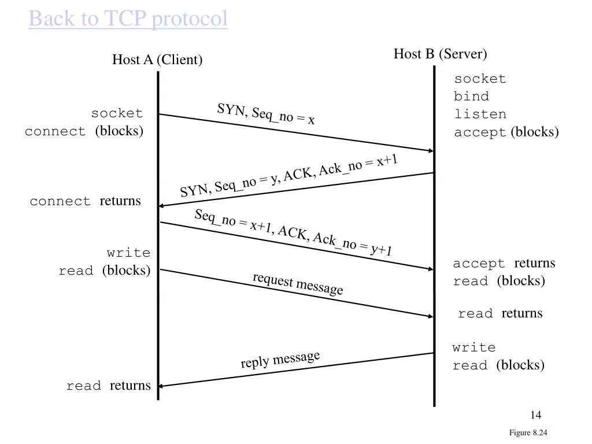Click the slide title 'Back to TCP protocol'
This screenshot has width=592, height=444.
click(128, 19)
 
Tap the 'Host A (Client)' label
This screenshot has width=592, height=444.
click(157, 60)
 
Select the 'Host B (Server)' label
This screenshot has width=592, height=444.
click(441, 54)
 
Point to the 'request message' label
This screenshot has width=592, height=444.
click(298, 283)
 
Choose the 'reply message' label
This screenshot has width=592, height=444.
click(280, 360)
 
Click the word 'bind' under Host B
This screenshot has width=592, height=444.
click(471, 97)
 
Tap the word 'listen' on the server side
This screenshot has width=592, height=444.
click(480, 114)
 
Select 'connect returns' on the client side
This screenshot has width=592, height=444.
click(85, 201)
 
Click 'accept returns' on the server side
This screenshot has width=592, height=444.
click(504, 264)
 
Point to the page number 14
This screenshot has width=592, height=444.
click(535, 415)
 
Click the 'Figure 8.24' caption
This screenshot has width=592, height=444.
click(528, 433)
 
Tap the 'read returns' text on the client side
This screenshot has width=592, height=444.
click(108, 386)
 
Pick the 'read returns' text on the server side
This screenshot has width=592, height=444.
click(500, 313)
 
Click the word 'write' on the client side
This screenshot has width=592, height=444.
click(128, 253)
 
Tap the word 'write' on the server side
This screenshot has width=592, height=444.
click(474, 347)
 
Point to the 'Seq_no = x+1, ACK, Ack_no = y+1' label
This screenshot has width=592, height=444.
click(293, 232)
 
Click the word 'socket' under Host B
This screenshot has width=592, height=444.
click(480, 79)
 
